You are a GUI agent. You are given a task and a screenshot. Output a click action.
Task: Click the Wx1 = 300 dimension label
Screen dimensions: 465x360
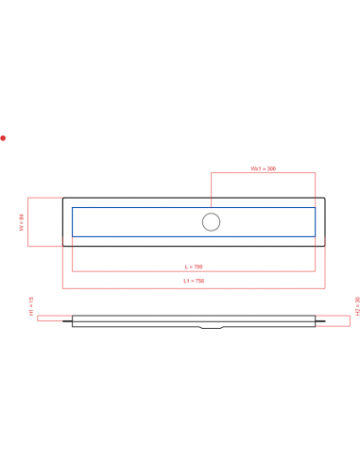pos(263,168)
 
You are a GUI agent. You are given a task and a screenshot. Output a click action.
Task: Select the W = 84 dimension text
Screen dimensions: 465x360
pos(22,222)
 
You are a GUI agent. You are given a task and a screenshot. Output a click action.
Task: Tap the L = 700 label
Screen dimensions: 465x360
pos(194,266)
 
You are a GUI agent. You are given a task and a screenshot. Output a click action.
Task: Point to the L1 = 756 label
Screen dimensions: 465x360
pos(194,281)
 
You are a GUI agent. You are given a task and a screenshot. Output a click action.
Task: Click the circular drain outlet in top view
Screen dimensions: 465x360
pos(212,222)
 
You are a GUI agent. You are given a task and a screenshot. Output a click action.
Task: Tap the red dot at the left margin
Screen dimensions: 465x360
pos(3,138)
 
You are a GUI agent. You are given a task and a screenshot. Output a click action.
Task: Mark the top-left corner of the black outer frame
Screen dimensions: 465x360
pos(63,199)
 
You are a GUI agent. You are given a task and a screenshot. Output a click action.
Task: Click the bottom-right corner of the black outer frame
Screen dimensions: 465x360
pos(327,245)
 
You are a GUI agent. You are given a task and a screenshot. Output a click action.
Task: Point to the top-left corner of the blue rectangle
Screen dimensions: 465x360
pos(73,208)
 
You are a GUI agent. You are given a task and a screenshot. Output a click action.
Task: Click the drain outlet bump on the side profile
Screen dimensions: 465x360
pos(212,328)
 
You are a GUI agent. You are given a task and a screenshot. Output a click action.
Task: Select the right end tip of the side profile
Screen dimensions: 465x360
pos(332,320)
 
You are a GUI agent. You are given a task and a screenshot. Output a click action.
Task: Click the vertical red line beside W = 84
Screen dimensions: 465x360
pos(28,222)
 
